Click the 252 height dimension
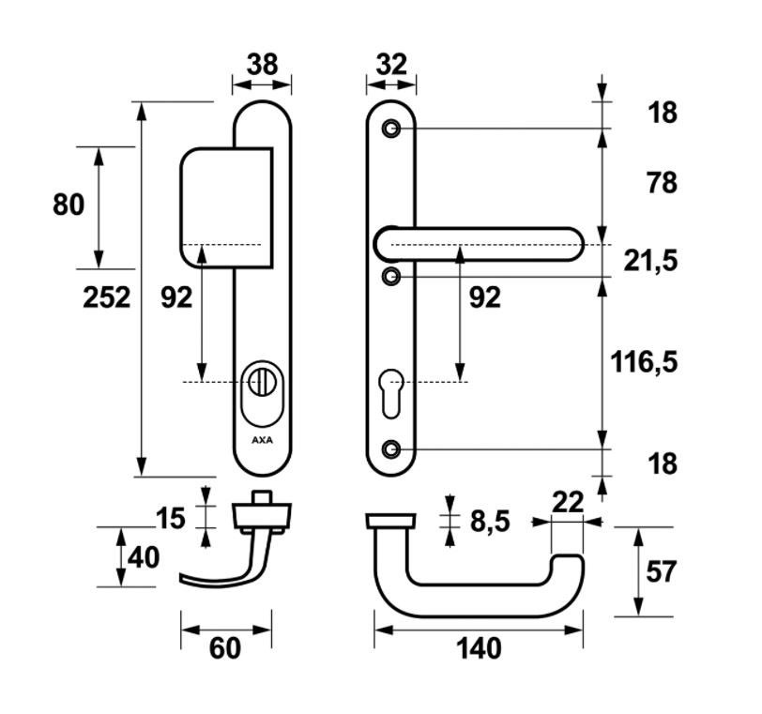click(x=106, y=297)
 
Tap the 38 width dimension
click(x=261, y=65)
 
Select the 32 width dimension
click(x=390, y=65)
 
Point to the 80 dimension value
click(x=69, y=205)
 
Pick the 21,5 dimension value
click(x=650, y=260)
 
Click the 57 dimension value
click(x=661, y=571)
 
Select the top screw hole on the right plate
click(x=392, y=128)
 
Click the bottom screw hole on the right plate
click(x=392, y=448)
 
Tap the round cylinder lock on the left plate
click(x=261, y=382)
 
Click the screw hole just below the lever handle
click(x=392, y=276)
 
